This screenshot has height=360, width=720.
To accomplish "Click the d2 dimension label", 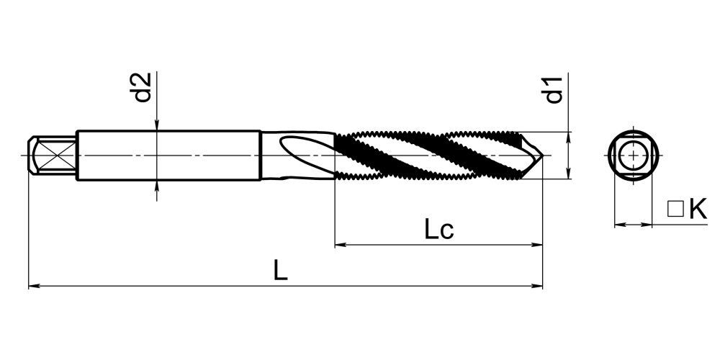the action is click(143, 87).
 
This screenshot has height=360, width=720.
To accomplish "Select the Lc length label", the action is click(438, 229).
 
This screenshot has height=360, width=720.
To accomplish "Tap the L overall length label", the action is click(280, 270).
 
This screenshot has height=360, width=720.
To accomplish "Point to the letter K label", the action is click(698, 210).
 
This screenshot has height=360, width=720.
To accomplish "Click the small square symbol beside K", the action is click(675, 209).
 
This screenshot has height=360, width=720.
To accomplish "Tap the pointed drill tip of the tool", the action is click(542, 156).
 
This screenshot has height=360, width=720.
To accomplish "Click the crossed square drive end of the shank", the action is click(52, 156).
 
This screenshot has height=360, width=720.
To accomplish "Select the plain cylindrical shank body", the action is click(168, 156).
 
